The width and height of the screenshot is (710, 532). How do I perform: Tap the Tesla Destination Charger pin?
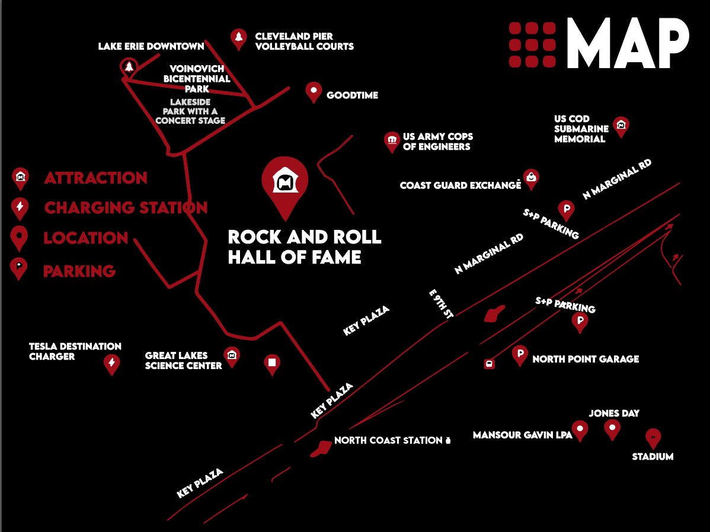pos(111,363)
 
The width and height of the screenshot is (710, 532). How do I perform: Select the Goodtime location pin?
pos(313,92)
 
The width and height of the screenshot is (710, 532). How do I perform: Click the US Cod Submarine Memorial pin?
pos(621,126)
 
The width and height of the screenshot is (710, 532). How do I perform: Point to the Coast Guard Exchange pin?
pos(531,178)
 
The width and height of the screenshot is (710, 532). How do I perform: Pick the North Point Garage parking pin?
pos(520,355)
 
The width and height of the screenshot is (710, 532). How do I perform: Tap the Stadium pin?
pos(653,438)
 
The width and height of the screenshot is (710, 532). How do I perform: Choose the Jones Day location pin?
pos(612,428)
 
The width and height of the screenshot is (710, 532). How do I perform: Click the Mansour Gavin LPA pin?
pos(579,430)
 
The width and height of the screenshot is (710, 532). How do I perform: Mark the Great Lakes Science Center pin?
pos(232,356)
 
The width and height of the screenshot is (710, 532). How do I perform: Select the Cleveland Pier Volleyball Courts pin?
pos(238,39)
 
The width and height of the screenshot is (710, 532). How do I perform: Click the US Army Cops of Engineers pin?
pos(391,141)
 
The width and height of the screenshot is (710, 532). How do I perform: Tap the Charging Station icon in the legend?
pos(20,207)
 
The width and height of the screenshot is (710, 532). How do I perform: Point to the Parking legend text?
pos(79,271)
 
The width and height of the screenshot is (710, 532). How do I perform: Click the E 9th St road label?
pos(442,305)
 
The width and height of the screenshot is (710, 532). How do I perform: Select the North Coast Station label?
pos(388,440)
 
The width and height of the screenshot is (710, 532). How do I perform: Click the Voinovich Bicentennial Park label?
pos(197,79)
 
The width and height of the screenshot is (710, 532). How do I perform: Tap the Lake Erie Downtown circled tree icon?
pos(129,66)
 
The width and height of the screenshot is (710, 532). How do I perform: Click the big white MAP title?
pos(628,43)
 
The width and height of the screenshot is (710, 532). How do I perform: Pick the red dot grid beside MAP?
pos(532,44)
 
